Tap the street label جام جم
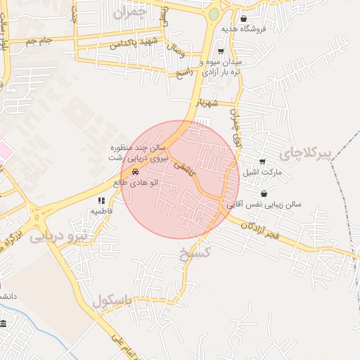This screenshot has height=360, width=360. click(39, 41)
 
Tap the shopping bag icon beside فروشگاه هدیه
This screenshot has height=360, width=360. click(244, 19)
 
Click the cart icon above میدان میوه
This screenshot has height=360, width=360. click(221, 51)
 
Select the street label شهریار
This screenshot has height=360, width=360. click(209, 102)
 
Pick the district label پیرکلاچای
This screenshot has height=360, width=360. click(304, 153)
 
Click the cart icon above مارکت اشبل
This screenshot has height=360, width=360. click(262, 162)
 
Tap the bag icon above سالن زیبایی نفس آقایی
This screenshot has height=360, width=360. click(264, 194)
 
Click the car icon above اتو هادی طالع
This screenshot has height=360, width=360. click(134, 172)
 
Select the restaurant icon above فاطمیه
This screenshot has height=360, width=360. click(100, 200)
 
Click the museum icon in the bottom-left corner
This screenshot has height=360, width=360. click(4, 323)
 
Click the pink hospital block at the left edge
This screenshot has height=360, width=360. click(4, 150)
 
